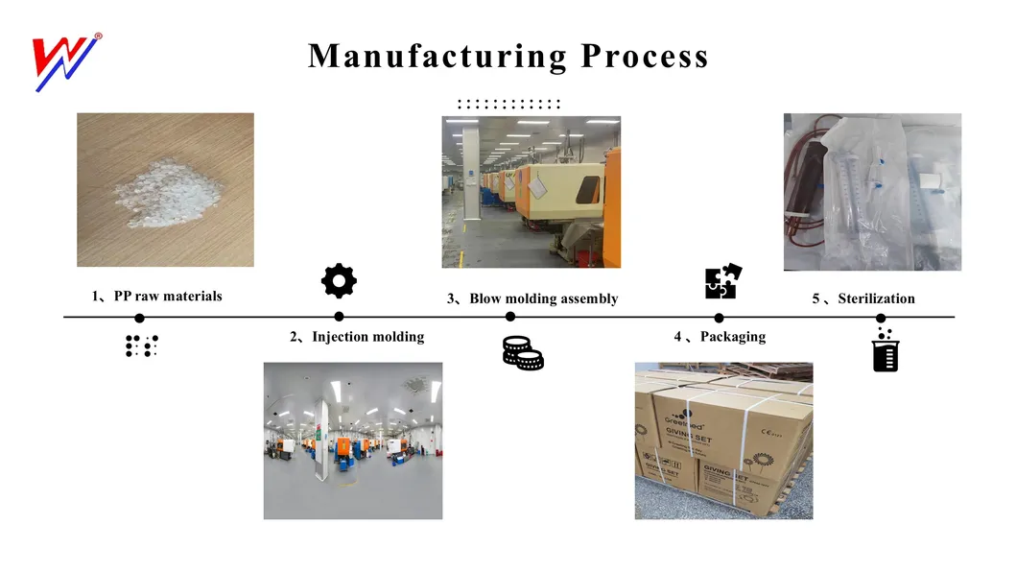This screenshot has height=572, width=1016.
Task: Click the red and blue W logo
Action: point(65,62)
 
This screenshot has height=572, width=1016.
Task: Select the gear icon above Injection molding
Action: point(339,280)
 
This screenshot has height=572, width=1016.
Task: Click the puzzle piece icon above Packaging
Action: point(722,281)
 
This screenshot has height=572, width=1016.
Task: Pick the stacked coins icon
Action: point(523,352)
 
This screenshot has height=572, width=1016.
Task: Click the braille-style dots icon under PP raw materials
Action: point(141,346)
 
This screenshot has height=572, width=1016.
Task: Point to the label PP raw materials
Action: point(157,297)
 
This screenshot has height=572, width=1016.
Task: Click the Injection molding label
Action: point(357,337)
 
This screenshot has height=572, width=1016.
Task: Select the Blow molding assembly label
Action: point(532,298)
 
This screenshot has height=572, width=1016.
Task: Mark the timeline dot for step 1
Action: point(139,318)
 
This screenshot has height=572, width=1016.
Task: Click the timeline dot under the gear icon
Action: point(339,317)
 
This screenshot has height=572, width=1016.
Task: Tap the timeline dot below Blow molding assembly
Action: point(510,317)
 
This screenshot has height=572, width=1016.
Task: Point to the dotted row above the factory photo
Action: point(508,104)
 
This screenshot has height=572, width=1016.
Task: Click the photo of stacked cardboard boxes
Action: point(723,441)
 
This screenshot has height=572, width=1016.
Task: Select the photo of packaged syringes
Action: point(872,191)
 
